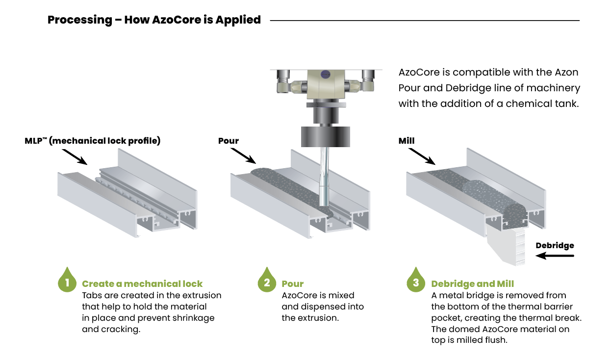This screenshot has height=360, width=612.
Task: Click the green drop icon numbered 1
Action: (67, 281)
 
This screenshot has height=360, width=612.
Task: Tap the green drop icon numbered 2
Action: (267, 281)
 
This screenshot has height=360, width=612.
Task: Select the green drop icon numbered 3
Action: (416, 281)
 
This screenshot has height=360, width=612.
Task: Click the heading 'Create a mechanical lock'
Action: (142, 284)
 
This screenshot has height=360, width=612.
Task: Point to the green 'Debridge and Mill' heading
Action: (472, 284)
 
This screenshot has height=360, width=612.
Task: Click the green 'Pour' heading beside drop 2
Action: (293, 284)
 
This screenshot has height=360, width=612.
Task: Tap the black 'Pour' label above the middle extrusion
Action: (229, 141)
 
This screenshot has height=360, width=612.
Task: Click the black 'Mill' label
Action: (407, 141)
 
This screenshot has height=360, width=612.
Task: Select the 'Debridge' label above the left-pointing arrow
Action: (555, 246)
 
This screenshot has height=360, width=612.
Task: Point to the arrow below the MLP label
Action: (76, 156)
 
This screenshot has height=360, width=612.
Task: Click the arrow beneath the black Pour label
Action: (244, 156)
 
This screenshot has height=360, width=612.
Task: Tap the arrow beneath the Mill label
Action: (422, 156)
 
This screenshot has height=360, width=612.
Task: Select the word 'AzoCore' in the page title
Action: (175, 20)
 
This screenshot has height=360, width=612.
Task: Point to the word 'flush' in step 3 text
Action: (495, 339)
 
